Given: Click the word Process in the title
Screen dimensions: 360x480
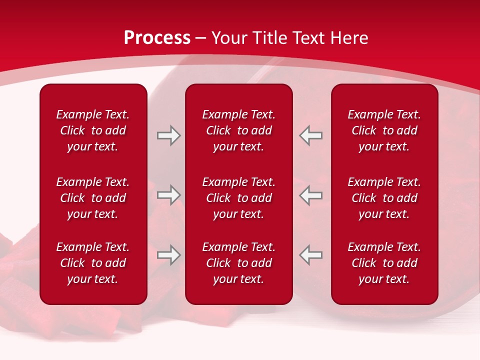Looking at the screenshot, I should (x=157, y=38).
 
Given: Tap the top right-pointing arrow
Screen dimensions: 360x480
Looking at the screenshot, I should (x=168, y=135).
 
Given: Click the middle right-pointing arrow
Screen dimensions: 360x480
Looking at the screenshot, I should (x=168, y=195).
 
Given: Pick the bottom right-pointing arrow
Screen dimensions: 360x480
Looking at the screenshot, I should (x=168, y=255).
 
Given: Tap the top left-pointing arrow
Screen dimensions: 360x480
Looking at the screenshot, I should (x=311, y=135).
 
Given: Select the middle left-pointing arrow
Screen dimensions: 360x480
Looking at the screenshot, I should (x=311, y=195).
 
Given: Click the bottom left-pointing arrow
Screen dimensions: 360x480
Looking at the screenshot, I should (x=311, y=255).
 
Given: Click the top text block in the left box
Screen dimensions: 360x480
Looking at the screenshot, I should (x=93, y=130).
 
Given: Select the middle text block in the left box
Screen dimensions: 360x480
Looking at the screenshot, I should (x=93, y=198).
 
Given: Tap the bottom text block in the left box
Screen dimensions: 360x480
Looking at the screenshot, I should (x=93, y=263).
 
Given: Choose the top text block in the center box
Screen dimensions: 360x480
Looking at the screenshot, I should (x=238, y=130).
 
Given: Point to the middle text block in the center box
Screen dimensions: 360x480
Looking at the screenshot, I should (x=238, y=198).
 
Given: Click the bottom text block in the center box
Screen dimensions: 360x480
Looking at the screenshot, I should (x=238, y=263).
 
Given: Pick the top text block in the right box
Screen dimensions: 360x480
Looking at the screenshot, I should (x=384, y=130).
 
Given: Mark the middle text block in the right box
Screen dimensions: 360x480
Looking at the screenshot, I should (x=384, y=198).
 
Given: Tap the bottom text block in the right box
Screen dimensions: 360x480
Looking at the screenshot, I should (x=384, y=263).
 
